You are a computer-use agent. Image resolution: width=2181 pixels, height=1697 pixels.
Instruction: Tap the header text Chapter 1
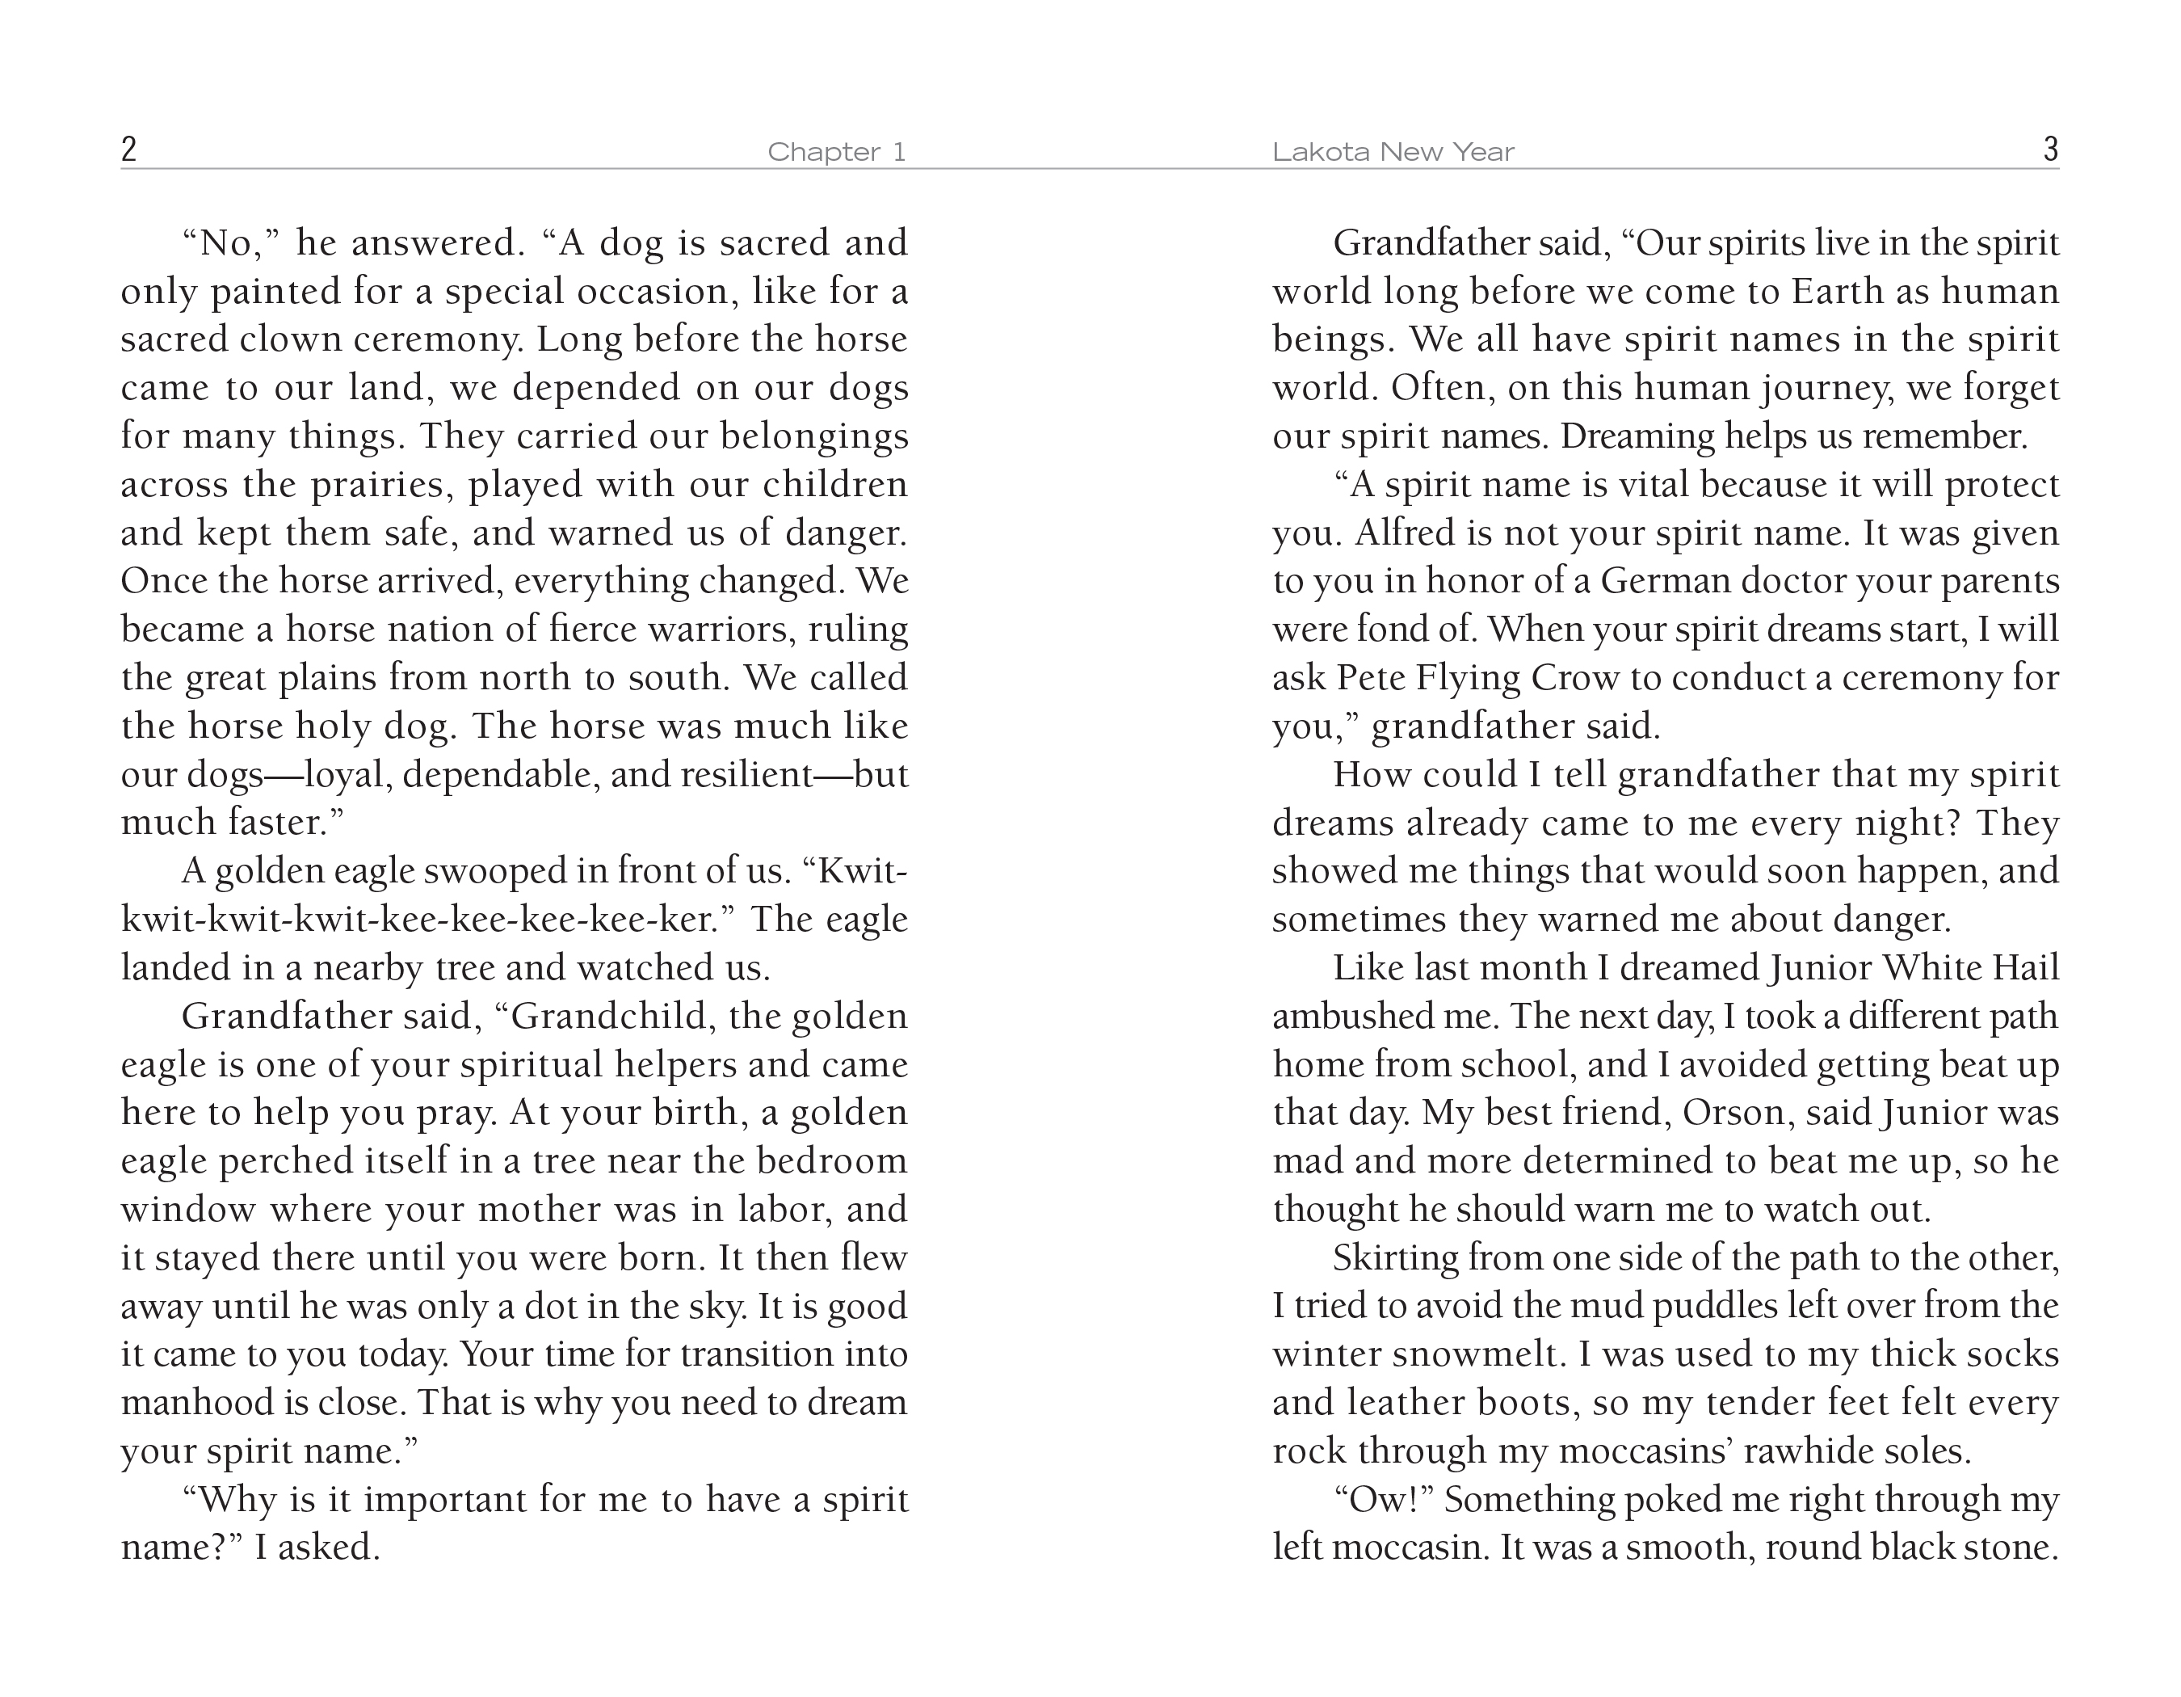[x=836, y=152]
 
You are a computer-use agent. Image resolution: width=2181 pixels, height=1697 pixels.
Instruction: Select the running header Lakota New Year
[x=1393, y=152]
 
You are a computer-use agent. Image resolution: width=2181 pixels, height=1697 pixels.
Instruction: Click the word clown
[x=280, y=339]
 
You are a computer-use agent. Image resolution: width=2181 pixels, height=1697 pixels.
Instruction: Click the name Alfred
[x=1405, y=533]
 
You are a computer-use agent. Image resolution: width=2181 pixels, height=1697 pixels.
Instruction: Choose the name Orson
[x=1734, y=1113]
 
